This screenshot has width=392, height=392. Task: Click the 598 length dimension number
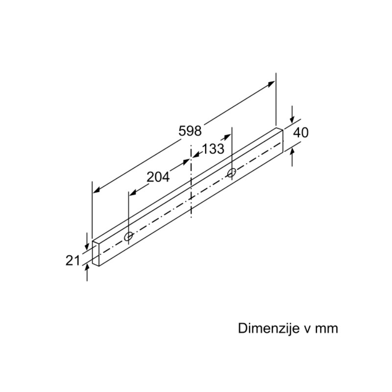click(190, 131)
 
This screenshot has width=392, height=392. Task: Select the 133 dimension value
click(213, 149)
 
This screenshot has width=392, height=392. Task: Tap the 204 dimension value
click(158, 177)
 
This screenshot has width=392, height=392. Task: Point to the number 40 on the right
click(301, 132)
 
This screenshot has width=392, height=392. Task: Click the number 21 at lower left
click(73, 261)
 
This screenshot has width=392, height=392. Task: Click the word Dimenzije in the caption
click(269, 328)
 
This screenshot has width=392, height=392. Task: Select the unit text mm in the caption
click(326, 329)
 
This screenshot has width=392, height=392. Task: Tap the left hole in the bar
click(128, 236)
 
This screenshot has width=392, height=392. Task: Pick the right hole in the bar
click(232, 172)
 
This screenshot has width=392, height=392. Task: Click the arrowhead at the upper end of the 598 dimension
click(271, 84)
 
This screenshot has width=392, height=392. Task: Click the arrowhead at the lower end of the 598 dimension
click(97, 191)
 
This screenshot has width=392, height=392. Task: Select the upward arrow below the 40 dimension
click(293, 157)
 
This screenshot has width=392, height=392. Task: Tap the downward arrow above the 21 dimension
click(87, 241)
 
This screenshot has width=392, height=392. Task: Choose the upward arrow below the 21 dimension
click(87, 272)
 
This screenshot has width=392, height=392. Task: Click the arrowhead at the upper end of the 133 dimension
click(227, 137)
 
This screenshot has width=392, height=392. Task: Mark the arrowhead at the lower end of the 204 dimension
click(132, 193)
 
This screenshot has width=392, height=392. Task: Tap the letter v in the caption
click(308, 329)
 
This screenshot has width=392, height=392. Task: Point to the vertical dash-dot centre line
click(191, 181)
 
